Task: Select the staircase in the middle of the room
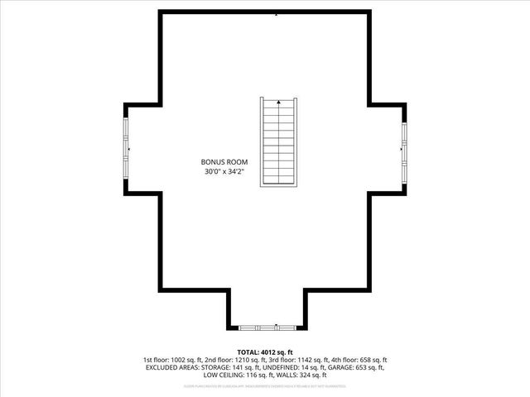[x=278, y=143]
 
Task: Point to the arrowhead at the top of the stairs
[x=278, y=103]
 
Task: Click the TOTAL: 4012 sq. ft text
[x=265, y=352]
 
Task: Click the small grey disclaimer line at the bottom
[x=265, y=385]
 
